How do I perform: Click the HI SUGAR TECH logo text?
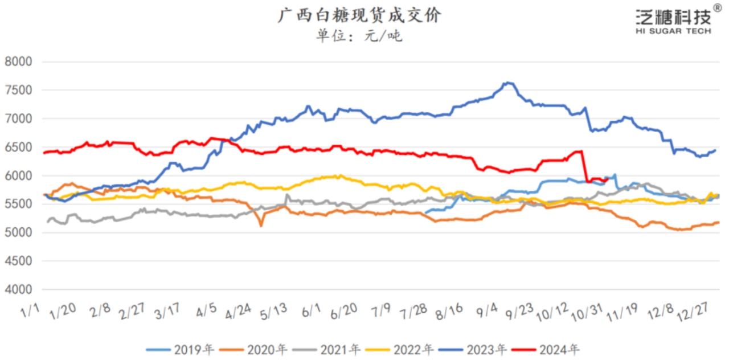pos(673,31)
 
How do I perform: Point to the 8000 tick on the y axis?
pos(18,62)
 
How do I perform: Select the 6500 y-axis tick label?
pos(18,147)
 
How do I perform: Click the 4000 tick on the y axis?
pos(18,289)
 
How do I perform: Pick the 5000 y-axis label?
pos(18,232)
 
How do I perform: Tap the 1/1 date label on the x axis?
pos(30,312)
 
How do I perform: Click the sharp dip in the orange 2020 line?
pos(261,226)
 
